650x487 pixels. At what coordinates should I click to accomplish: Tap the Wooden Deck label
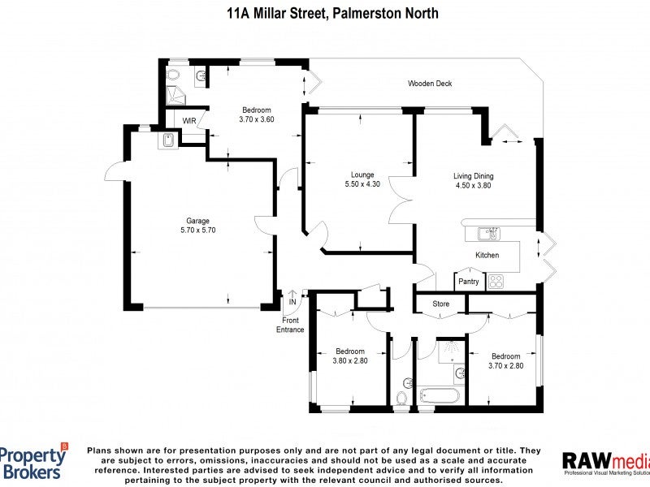pyautogui.click(x=430, y=84)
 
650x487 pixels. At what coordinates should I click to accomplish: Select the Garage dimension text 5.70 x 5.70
pyautogui.click(x=197, y=230)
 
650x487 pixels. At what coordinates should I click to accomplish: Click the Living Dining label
pyautogui.click(x=473, y=175)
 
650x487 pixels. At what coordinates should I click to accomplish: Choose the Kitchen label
pyautogui.click(x=487, y=255)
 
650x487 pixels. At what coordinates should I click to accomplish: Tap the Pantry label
pyautogui.click(x=469, y=282)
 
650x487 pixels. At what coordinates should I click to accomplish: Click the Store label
pyautogui.click(x=440, y=304)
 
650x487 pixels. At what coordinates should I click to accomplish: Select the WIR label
pyautogui.click(x=189, y=121)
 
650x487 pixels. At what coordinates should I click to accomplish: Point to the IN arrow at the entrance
pyautogui.click(x=292, y=297)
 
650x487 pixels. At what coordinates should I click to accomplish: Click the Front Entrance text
pyautogui.click(x=290, y=325)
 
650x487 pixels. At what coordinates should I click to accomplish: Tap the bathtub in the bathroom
pyautogui.click(x=440, y=396)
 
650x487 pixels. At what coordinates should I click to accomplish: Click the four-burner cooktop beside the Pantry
pyautogui.click(x=496, y=282)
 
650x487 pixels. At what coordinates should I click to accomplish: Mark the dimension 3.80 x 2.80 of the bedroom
pyautogui.click(x=351, y=361)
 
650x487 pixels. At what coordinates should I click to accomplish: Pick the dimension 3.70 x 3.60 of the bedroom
pyautogui.click(x=256, y=119)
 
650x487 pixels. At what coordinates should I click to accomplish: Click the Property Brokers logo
pyautogui.click(x=34, y=463)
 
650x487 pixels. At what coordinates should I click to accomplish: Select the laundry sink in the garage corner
pyautogui.click(x=168, y=140)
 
